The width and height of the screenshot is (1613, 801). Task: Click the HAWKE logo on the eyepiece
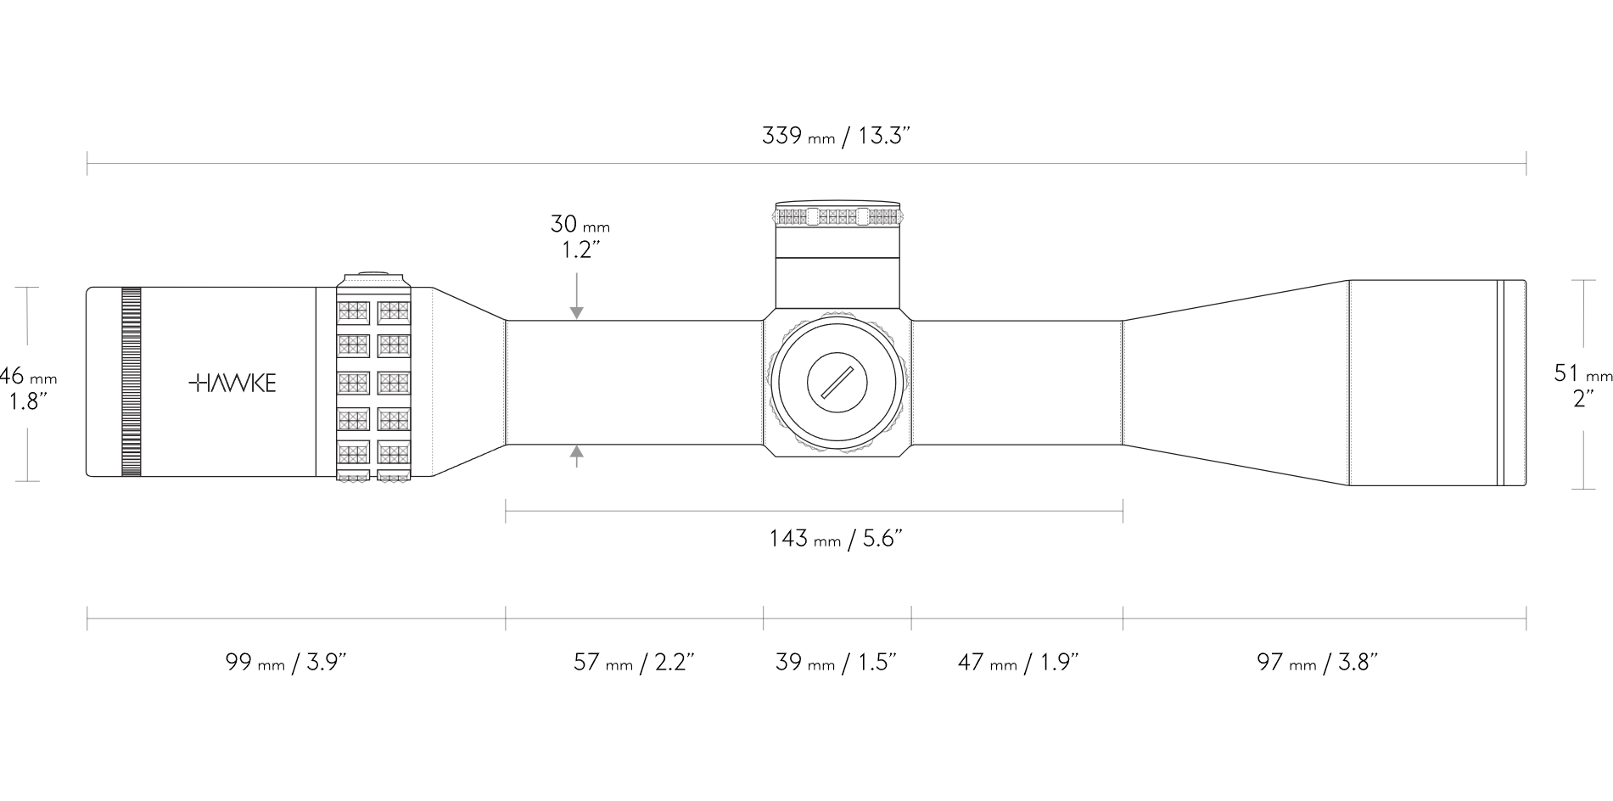pos(232,383)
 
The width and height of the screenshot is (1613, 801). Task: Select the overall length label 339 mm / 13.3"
pos(837,136)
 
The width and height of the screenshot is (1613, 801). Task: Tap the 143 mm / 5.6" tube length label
pos(835,539)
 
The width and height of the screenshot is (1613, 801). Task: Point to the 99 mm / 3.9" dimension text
pos(287,663)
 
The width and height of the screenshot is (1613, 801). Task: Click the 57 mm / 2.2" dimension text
pos(635,663)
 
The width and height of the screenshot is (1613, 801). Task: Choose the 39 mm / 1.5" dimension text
pos(837,663)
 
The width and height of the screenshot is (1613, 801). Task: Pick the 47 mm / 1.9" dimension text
pos(1018,663)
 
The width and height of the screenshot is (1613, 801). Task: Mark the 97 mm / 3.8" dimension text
pos(1318,663)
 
